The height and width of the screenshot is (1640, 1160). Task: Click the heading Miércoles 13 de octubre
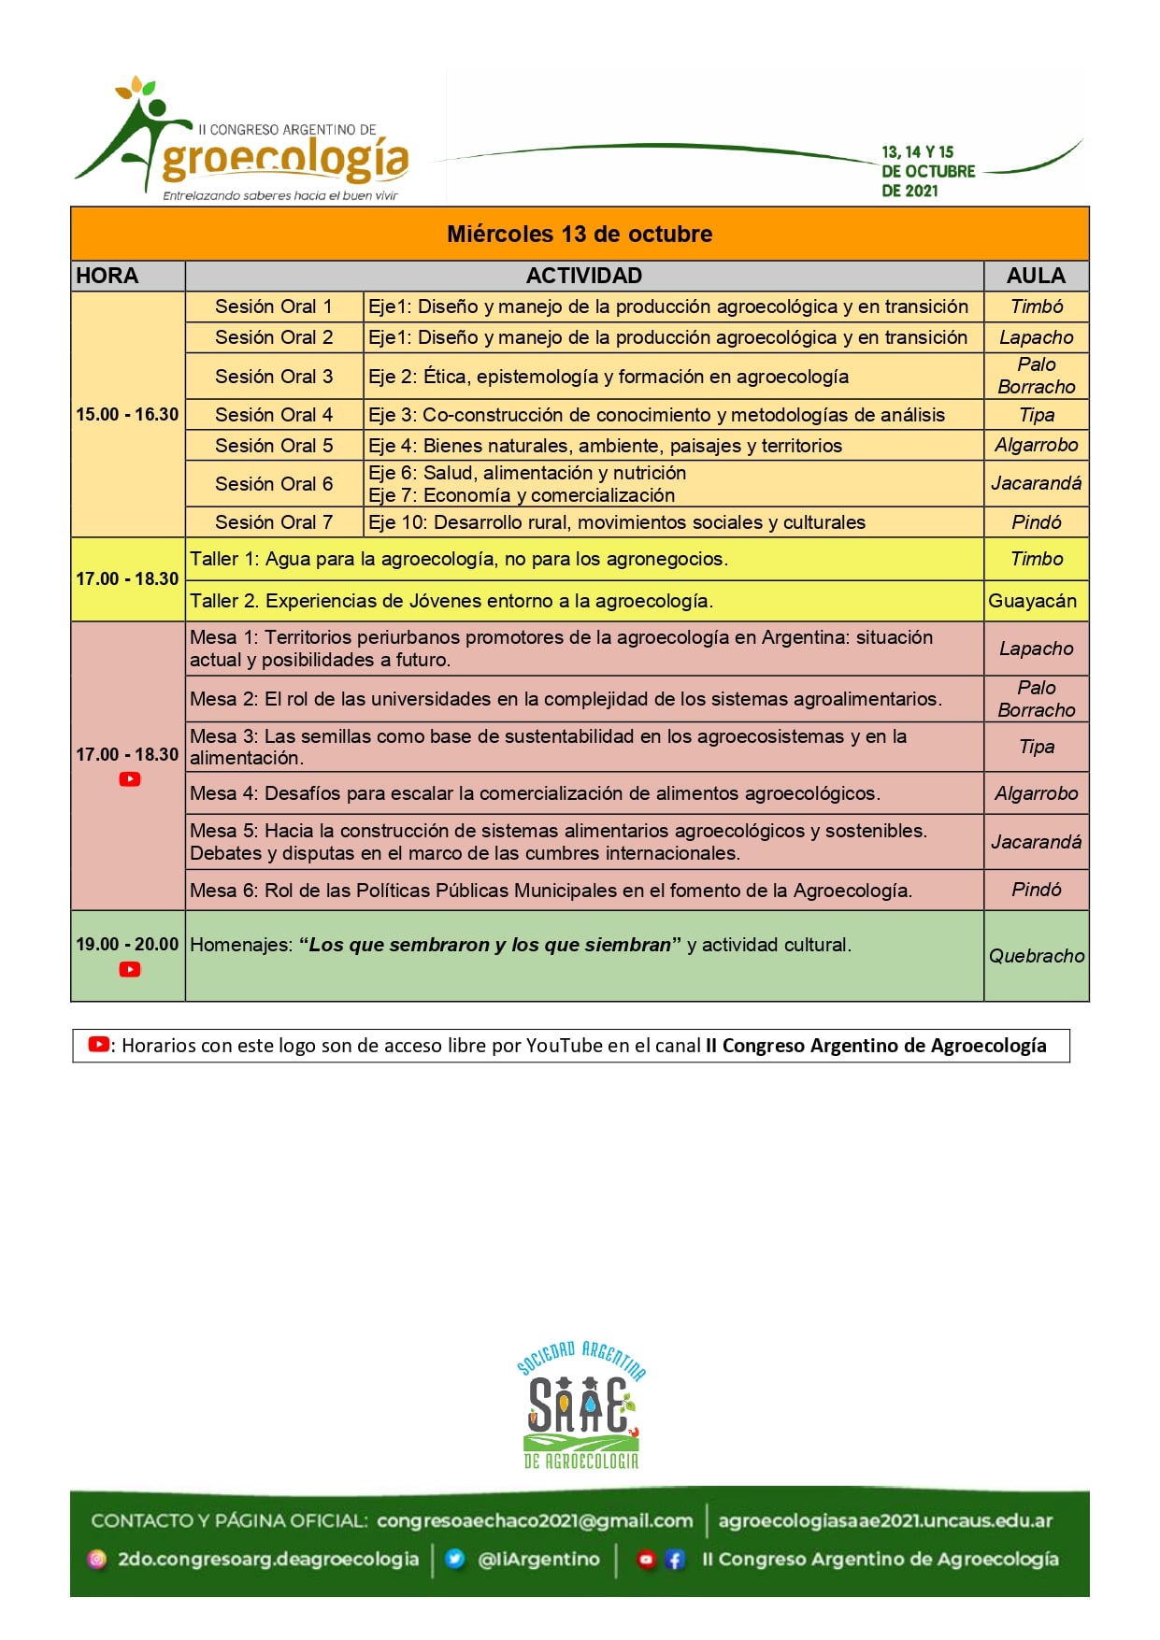coord(580,234)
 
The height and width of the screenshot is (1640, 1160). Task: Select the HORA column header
coord(107,276)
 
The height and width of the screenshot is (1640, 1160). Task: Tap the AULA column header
coord(1036,276)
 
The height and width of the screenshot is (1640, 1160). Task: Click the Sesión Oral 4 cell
coord(274,415)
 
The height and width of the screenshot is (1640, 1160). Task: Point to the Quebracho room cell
coord(1037,956)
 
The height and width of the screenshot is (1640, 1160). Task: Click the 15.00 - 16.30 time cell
coord(127,414)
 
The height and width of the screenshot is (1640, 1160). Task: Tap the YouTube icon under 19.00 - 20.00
coord(130,969)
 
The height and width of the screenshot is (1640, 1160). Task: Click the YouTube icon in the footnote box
coord(99,1045)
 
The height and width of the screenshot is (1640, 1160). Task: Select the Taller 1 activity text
coord(459,559)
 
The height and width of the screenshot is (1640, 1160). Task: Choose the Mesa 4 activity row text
coord(535,793)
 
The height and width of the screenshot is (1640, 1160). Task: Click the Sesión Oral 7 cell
coord(274,522)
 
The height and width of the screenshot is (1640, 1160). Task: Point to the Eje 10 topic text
coord(617,522)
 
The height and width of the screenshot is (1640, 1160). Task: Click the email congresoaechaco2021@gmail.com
coord(535,1520)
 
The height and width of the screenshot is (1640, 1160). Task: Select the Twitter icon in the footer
coord(455,1559)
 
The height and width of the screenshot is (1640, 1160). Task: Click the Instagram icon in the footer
coord(97,1559)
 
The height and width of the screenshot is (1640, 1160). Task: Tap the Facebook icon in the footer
coord(675,1559)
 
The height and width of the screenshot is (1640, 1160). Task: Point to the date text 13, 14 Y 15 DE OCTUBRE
coord(927,171)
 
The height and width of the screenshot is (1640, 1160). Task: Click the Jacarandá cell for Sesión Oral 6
coord(1036,483)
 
